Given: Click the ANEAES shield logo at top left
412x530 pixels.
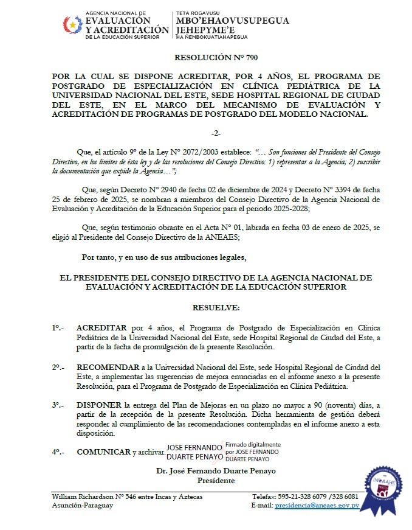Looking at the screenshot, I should [73, 25].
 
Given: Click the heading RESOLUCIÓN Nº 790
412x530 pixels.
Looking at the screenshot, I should [207, 58].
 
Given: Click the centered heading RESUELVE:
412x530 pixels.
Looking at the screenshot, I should [216, 309].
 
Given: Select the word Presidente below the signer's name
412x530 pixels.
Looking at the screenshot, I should [217, 480].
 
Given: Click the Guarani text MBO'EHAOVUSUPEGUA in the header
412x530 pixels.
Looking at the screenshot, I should [232, 20].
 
